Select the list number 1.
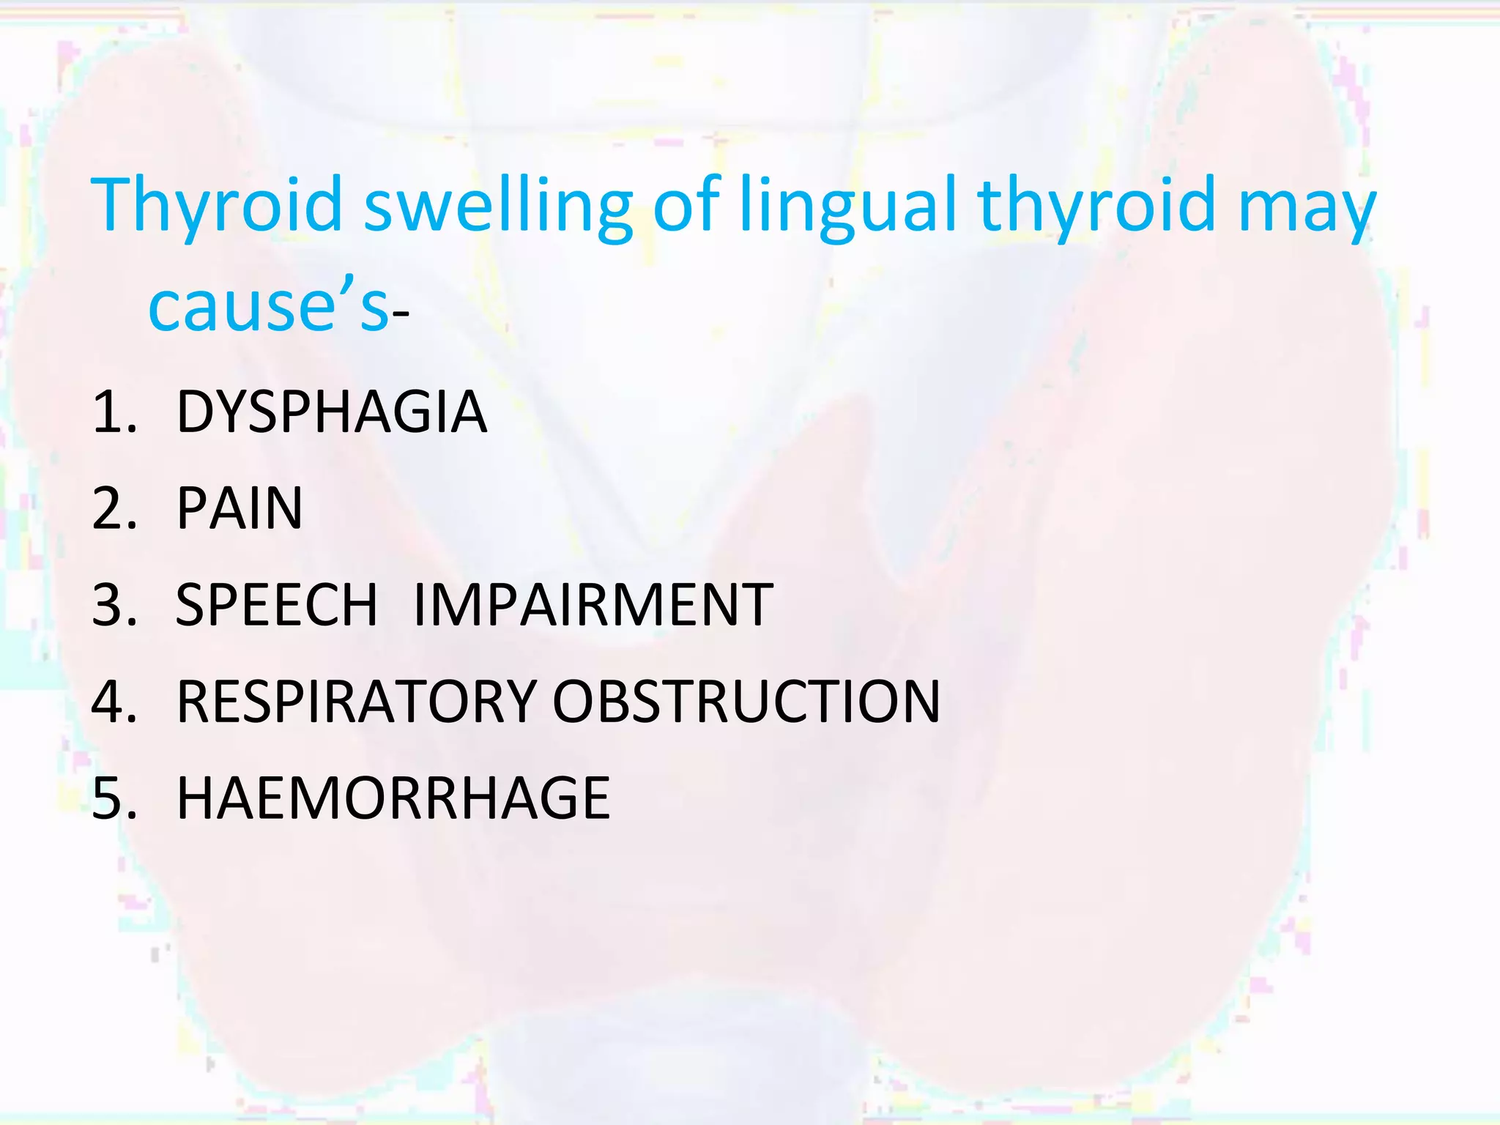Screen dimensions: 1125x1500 114,412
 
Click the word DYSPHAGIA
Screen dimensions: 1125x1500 332,412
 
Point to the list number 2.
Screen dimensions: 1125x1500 114,509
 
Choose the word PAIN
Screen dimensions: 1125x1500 240,509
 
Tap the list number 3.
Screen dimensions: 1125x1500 114,606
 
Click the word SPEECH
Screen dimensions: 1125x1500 276,606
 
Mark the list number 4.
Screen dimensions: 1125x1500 114,702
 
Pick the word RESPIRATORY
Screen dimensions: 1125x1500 357,702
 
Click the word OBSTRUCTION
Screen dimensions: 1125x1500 746,702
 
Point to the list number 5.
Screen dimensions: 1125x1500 114,798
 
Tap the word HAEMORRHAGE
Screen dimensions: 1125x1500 393,798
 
